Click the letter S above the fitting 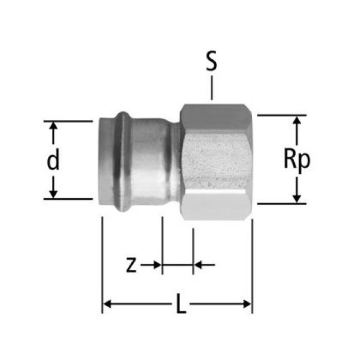(x=211, y=61)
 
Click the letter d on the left (x=53, y=159)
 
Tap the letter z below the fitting (x=131, y=265)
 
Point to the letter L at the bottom (x=181, y=304)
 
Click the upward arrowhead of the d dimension (x=53, y=126)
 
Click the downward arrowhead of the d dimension (x=53, y=194)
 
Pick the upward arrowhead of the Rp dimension (x=297, y=120)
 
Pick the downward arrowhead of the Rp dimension (x=297, y=199)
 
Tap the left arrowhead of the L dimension (x=107, y=304)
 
